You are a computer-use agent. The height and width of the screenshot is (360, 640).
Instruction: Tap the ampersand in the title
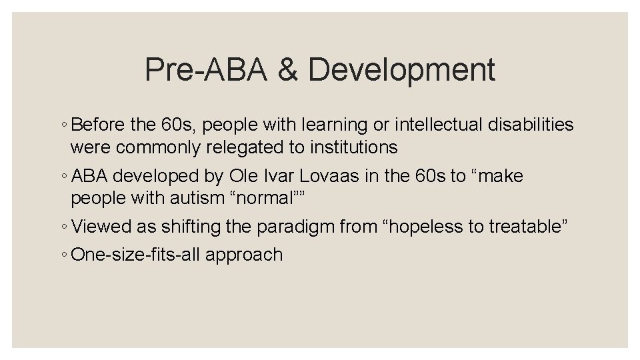click(287, 70)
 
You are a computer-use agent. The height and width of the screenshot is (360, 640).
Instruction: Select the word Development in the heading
click(402, 70)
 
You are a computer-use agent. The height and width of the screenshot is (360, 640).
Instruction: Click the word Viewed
click(101, 227)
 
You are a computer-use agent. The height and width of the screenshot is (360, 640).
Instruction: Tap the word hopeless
click(419, 227)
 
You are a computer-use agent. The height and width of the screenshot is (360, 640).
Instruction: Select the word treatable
click(526, 227)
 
